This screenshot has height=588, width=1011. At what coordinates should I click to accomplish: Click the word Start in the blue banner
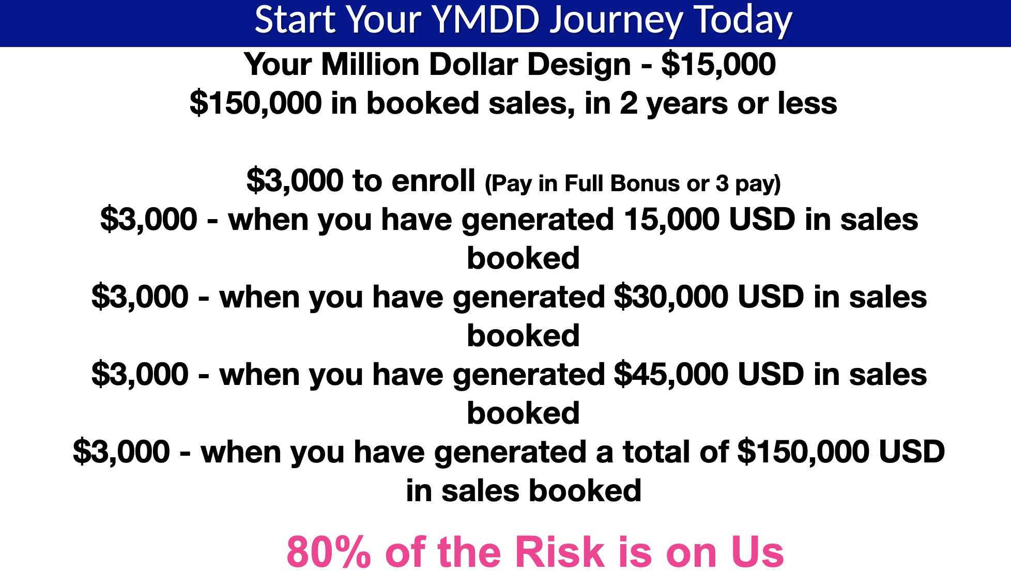[295, 20]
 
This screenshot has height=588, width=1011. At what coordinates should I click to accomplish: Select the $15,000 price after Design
[718, 65]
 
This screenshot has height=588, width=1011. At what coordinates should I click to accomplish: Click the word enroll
[433, 181]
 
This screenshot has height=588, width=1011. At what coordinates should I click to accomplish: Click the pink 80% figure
[329, 552]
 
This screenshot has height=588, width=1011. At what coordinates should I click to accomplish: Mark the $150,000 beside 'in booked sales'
[256, 104]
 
